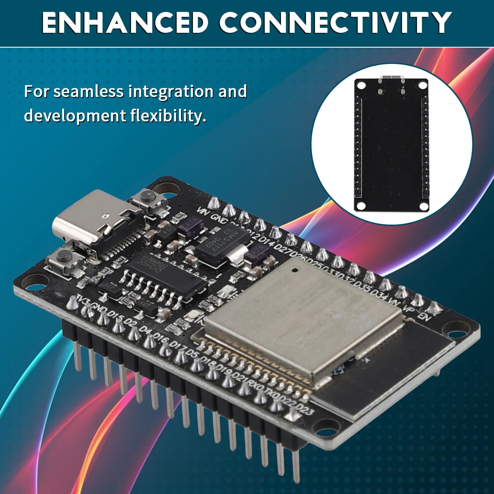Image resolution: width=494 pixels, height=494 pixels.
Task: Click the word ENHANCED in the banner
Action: (125, 23)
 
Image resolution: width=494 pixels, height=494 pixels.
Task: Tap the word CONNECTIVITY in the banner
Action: (335, 23)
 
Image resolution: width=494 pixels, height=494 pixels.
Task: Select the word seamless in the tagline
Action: (88, 92)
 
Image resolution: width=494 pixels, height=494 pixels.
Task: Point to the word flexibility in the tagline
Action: (168, 116)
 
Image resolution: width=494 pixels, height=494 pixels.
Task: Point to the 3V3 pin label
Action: (82, 299)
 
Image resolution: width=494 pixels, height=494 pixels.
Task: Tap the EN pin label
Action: (425, 316)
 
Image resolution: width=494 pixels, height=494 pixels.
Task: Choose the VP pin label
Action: (410, 309)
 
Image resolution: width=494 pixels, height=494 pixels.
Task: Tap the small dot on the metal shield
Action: (295, 270)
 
